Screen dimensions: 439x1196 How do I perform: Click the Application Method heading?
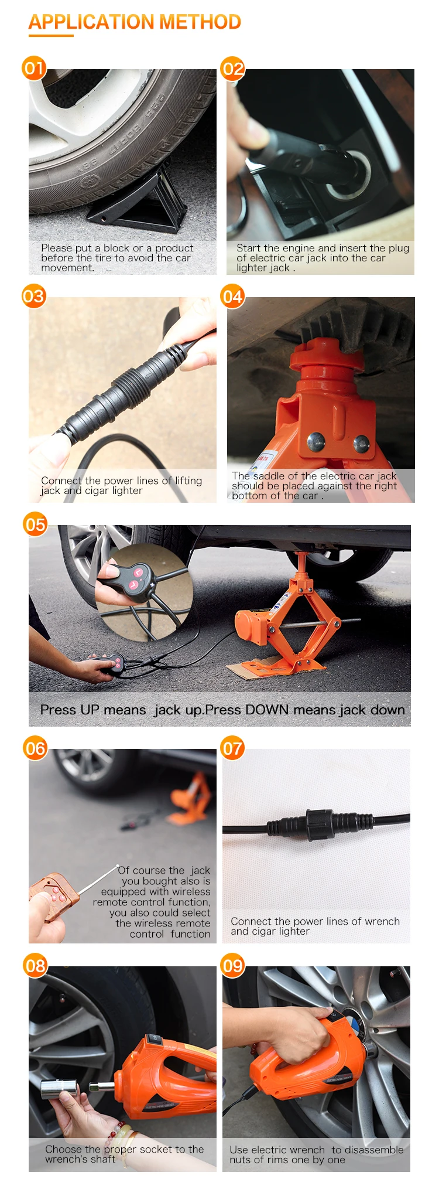[135, 22]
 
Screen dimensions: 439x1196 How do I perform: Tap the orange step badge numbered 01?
[34, 69]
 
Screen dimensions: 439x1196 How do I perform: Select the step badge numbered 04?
[232, 296]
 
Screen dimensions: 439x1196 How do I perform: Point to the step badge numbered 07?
[232, 748]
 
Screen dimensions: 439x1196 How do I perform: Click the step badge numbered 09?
[232, 965]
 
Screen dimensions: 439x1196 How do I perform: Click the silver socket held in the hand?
[59, 1088]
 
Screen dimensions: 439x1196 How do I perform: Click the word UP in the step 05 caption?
[90, 710]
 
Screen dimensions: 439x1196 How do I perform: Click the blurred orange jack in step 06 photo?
[191, 798]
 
